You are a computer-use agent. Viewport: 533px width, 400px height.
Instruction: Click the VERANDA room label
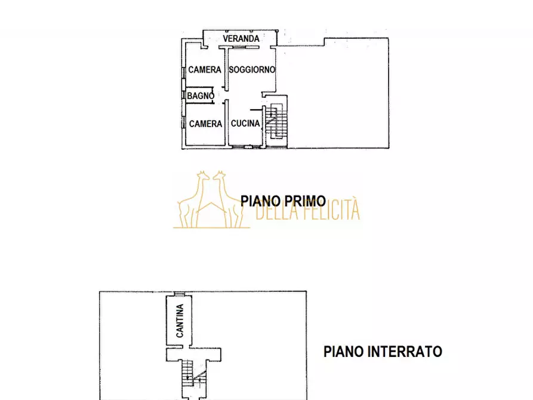pos(241,39)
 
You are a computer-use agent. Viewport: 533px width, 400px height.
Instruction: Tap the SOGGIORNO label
pos(252,69)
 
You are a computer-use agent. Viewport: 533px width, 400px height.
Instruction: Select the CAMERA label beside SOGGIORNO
pos(205,70)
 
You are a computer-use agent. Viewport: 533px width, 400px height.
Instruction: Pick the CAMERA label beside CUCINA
pos(205,124)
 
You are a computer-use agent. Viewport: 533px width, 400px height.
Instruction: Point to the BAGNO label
pos(201,96)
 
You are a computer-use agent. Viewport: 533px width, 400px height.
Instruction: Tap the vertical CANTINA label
pos(180,321)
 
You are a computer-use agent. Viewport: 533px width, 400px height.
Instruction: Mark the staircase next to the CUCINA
pos(275,122)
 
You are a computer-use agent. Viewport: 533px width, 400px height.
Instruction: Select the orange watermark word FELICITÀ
pos(331,211)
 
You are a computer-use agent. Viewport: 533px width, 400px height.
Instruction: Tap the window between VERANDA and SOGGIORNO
pos(242,45)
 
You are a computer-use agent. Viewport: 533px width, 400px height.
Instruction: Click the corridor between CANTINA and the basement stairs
pos(194,354)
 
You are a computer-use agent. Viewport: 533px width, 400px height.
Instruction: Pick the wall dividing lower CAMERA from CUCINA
pos(227,124)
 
